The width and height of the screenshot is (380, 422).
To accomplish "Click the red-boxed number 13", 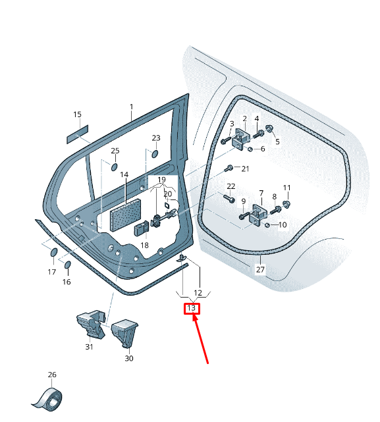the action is [191, 308].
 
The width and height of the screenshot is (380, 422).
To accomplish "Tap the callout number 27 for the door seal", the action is [260, 269].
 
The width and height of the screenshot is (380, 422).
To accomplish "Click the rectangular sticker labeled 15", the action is [78, 134].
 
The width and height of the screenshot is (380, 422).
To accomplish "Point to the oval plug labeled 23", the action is [155, 153].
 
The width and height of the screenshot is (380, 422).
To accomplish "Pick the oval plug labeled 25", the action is [115, 167].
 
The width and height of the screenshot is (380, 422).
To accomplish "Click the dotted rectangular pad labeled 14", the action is [126, 215].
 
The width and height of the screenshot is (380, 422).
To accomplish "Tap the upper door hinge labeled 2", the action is [241, 138].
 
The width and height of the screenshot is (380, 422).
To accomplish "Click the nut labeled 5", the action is [269, 128].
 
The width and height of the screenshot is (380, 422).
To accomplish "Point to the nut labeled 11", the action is [286, 204].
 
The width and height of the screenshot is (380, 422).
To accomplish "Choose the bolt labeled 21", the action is [229, 169].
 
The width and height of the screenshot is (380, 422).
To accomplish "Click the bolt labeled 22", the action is [229, 199].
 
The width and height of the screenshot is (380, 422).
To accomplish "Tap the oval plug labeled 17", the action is [54, 252].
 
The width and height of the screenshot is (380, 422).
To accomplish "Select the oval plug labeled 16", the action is [68, 265].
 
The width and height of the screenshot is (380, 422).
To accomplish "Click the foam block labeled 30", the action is [125, 333].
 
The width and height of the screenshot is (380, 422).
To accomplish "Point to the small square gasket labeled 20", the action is [167, 205].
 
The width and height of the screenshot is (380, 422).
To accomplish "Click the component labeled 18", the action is [142, 228].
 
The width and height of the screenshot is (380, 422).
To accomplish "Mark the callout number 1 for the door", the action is [132, 107].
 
